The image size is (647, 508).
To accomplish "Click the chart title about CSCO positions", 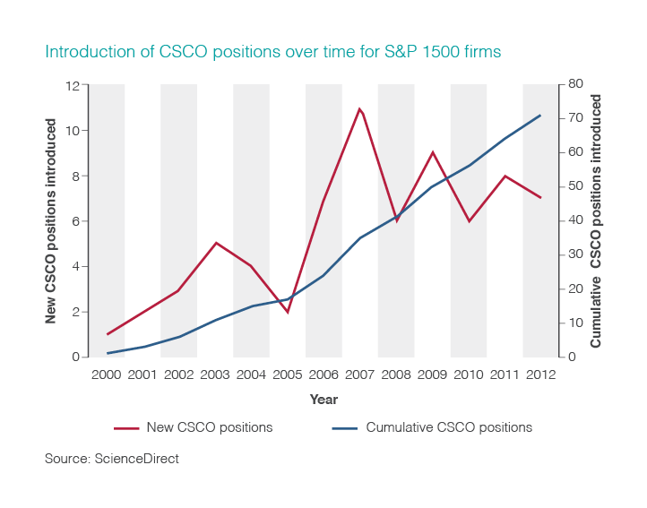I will [x=272, y=52].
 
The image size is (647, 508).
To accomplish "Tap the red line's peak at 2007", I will [x=359, y=109].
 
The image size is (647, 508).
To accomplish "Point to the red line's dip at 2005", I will [x=288, y=312].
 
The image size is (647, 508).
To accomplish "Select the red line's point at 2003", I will [x=215, y=243].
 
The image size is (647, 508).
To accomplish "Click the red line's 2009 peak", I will [x=433, y=152].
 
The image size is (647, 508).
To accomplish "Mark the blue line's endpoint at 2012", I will [x=540, y=115].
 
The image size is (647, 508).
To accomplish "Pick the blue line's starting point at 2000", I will [x=108, y=353].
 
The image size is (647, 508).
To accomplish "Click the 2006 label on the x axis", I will [x=323, y=375].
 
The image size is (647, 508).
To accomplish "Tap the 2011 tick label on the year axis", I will [x=505, y=375].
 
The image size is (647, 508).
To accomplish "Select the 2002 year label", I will [x=179, y=375].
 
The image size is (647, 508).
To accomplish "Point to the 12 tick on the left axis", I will [x=73, y=86].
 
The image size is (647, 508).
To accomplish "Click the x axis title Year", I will [x=323, y=400].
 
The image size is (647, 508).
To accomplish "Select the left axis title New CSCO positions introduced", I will [x=52, y=220].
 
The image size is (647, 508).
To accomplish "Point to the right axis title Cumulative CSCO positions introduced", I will [x=597, y=220].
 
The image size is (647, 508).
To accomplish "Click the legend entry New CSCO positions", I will [x=209, y=427].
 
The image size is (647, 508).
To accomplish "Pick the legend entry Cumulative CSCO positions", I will [x=449, y=427].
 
